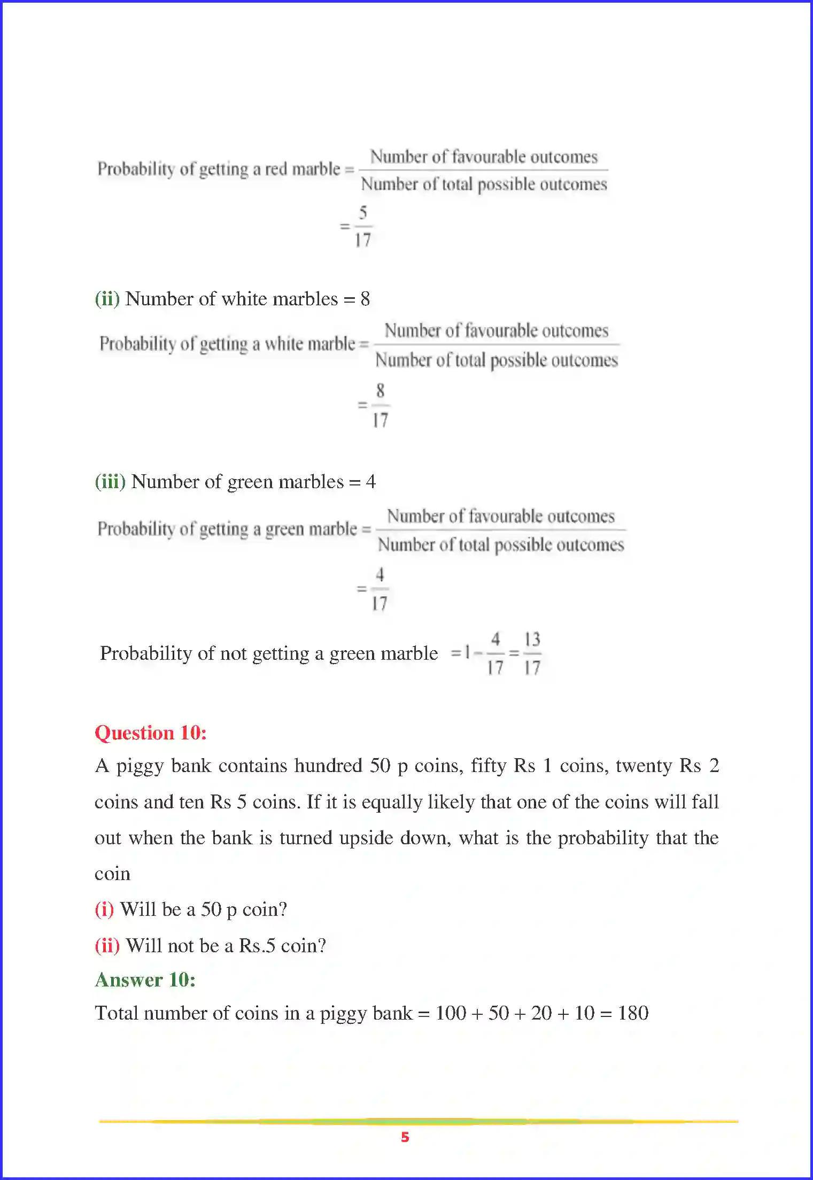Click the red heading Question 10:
point(150,732)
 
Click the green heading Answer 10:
point(145,980)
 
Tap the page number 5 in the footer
point(405,1137)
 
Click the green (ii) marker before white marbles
point(107,298)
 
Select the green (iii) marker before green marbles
point(110,481)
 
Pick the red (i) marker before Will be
point(104,909)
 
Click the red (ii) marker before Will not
point(107,945)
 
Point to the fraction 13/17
point(532,653)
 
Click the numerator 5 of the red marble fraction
point(363,213)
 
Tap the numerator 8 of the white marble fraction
point(380,391)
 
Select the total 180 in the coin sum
point(633,1013)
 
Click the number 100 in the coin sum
point(451,1013)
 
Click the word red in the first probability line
point(276,169)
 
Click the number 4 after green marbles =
point(370,481)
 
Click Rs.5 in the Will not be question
point(257,945)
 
